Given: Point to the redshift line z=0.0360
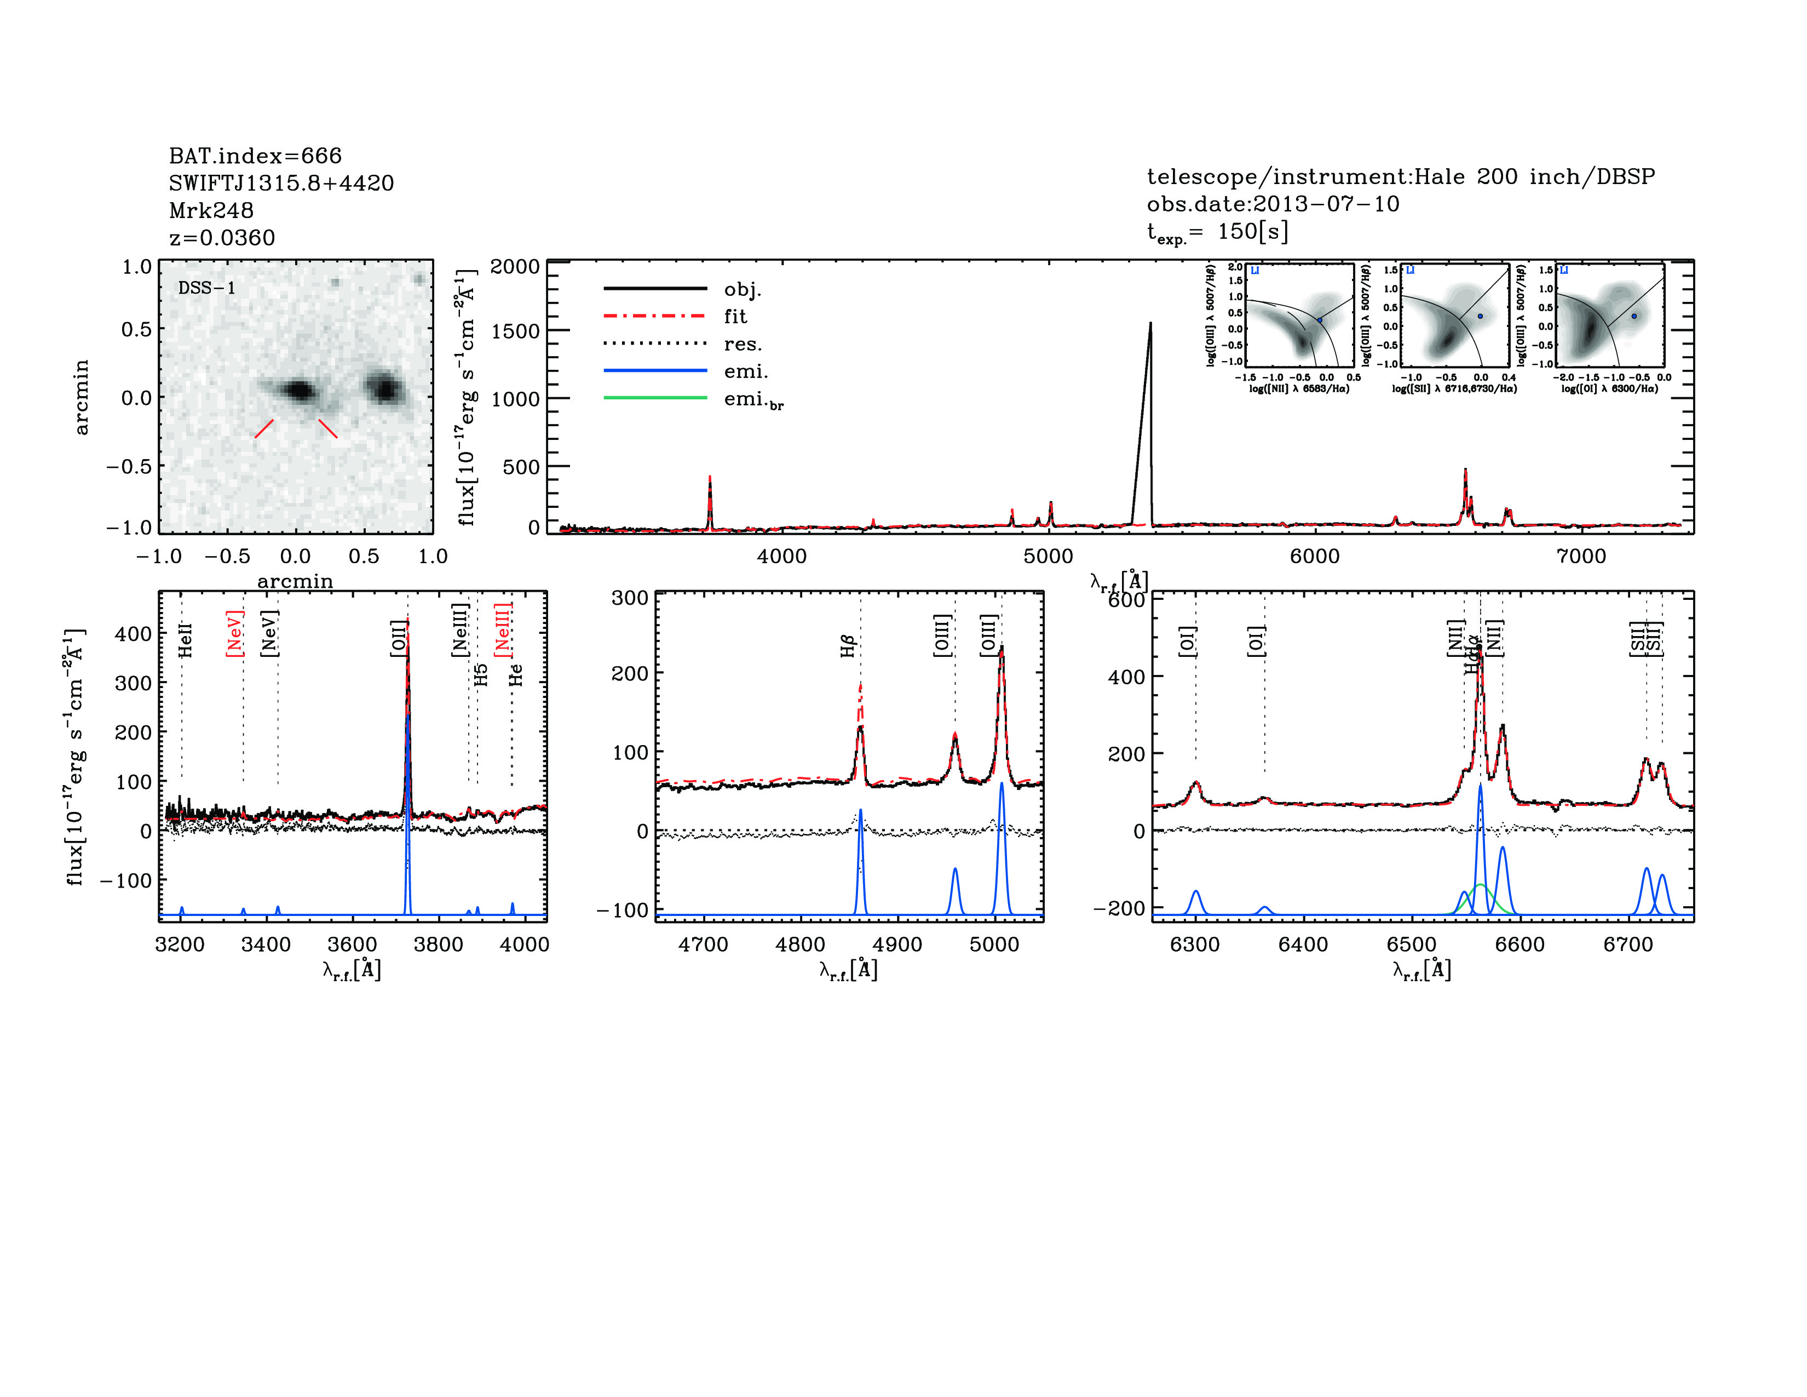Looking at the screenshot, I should pyautogui.click(x=222, y=238).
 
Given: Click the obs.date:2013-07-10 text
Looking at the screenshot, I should pyautogui.click(x=1273, y=204).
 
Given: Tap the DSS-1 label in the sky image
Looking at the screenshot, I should pyautogui.click(x=207, y=288).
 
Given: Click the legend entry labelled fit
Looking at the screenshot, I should pyautogui.click(x=735, y=316).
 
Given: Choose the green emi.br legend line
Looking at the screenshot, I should pyautogui.click(x=655, y=398).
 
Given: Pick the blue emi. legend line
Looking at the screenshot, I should pyautogui.click(x=655, y=371).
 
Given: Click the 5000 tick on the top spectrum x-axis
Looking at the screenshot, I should pyautogui.click(x=1048, y=556).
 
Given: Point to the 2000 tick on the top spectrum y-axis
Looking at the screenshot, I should pyautogui.click(x=515, y=266).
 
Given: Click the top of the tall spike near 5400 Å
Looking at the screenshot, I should pyautogui.click(x=1150, y=324).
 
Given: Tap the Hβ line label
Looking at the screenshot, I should pyautogui.click(x=847, y=645).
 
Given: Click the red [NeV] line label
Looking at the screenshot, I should pyautogui.click(x=234, y=633).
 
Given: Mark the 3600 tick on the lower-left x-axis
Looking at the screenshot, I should pyautogui.click(x=353, y=944).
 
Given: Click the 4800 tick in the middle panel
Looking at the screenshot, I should pyautogui.click(x=800, y=944).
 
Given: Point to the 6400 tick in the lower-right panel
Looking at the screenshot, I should pyautogui.click(x=1303, y=944).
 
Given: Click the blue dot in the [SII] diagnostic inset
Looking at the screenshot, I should pyautogui.click(x=1480, y=316).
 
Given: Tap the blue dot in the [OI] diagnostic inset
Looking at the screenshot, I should pyautogui.click(x=1634, y=316).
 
